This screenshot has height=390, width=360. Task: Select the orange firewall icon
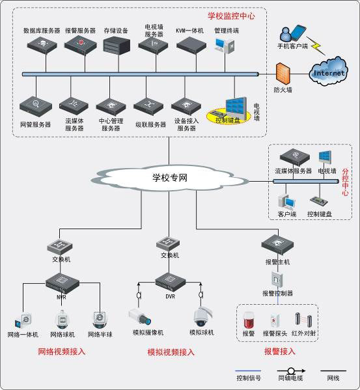(281, 72)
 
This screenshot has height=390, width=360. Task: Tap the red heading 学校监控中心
(231, 14)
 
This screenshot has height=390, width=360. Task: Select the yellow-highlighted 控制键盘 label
(227, 120)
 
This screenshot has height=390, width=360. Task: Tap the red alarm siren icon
(248, 320)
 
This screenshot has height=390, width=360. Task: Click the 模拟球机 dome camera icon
(201, 316)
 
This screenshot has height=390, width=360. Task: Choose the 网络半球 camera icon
(100, 319)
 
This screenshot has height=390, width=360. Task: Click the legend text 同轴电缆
(291, 378)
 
